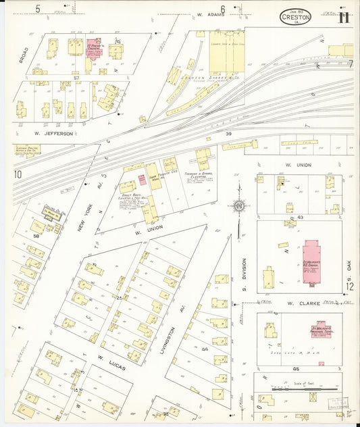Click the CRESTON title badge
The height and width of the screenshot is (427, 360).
click(296, 18)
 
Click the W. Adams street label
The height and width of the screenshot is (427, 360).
click(208, 14)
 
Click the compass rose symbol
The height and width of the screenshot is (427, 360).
click(238, 205)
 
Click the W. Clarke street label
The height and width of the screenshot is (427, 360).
click(299, 303)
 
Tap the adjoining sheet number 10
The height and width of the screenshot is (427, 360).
click(18, 175)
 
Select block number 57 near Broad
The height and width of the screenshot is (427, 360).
click(77, 79)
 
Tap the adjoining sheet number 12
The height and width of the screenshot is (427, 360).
click(350, 286)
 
